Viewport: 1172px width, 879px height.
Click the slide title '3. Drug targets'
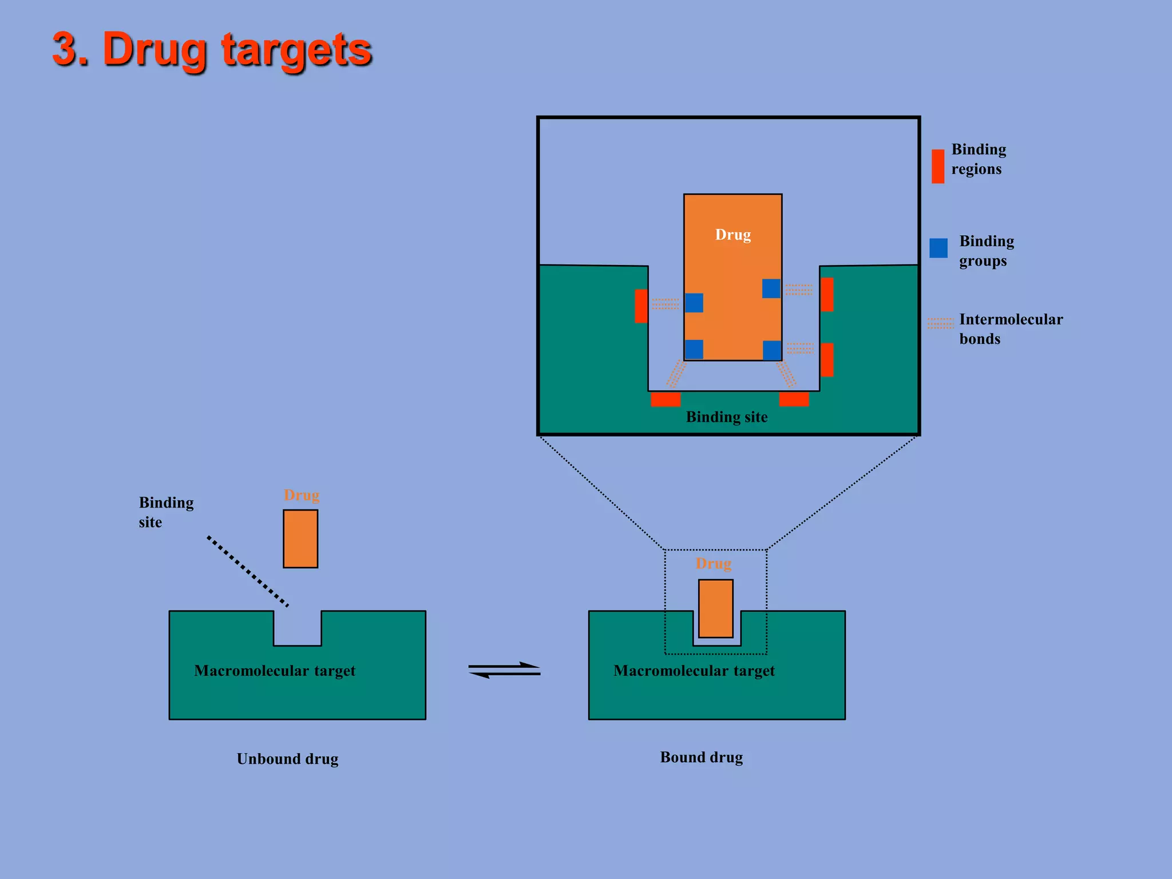(212, 50)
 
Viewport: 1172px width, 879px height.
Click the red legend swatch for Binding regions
(937, 167)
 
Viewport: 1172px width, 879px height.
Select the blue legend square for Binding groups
(938, 248)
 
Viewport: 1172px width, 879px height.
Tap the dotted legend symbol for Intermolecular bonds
(940, 323)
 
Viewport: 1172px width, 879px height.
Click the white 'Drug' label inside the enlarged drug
(732, 235)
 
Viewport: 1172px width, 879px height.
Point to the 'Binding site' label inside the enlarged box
(726, 417)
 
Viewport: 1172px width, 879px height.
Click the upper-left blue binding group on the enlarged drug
(694, 303)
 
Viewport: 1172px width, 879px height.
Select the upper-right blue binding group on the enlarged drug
(771, 288)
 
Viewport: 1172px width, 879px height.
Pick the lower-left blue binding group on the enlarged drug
(694, 349)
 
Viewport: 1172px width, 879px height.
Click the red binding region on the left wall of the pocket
(641, 306)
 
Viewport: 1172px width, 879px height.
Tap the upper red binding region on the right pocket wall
(826, 294)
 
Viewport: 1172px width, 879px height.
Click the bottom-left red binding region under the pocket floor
(665, 399)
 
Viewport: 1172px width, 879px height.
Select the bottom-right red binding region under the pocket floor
(794, 399)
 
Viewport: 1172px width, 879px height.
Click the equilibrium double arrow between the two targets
(504, 670)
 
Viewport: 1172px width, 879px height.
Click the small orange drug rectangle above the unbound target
(300, 539)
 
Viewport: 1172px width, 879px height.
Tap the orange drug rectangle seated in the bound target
(715, 608)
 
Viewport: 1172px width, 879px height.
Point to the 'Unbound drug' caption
(287, 759)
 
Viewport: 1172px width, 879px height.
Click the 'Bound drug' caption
(701, 757)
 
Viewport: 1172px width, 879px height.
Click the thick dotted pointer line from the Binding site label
(248, 571)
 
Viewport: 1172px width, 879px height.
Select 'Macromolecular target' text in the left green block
(275, 671)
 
